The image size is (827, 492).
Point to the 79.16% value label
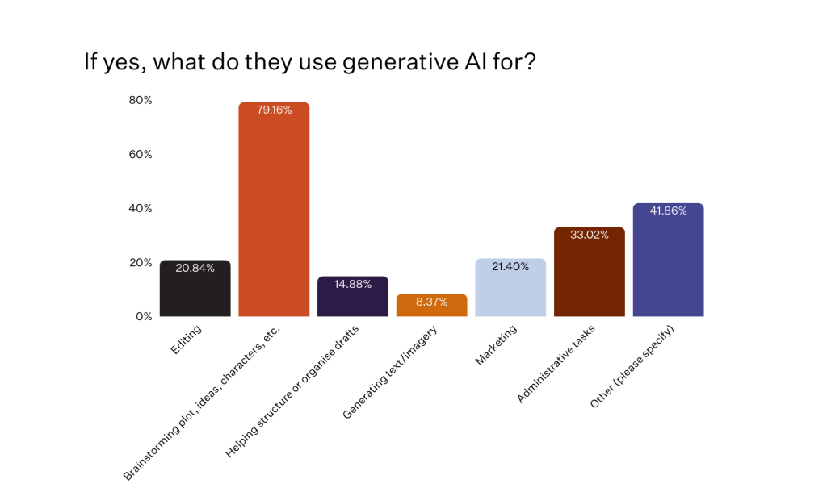tap(274, 110)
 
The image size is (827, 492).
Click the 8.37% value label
tap(431, 302)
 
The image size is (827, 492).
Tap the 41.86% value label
tap(668, 211)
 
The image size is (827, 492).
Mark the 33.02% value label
tap(590, 236)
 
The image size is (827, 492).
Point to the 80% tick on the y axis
tap(140, 100)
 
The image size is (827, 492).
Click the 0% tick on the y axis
tap(143, 316)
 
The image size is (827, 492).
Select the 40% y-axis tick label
tap(140, 208)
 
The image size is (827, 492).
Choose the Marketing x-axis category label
tap(496, 344)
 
